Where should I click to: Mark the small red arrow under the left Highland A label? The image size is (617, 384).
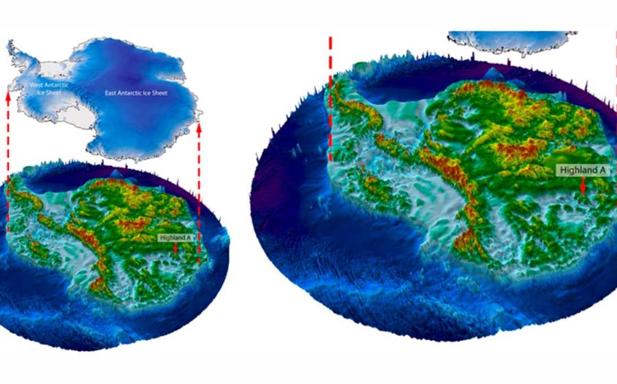click(x=176, y=248)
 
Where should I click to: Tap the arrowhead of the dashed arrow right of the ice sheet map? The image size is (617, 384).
click(x=199, y=127)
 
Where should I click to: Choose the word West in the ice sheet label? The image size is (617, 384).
click(x=36, y=84)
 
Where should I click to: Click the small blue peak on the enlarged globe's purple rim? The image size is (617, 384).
click(x=492, y=73)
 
